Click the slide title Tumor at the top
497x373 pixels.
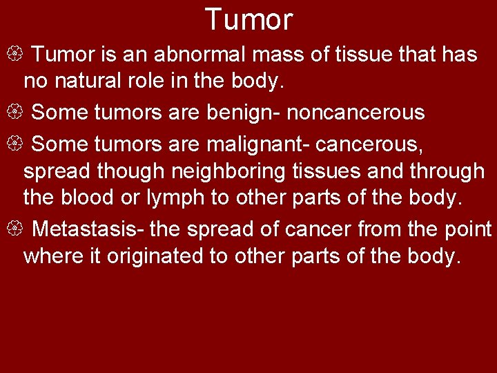pos(248,19)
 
